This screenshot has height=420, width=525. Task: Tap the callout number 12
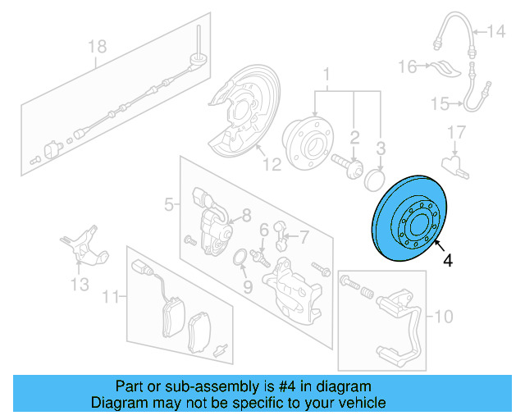(x=272, y=164)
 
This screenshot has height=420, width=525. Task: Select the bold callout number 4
(x=447, y=262)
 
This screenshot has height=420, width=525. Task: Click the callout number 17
(x=456, y=131)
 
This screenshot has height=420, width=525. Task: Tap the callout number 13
(x=79, y=285)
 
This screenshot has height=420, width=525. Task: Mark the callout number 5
(x=168, y=204)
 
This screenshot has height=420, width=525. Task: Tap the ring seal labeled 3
(x=377, y=180)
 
